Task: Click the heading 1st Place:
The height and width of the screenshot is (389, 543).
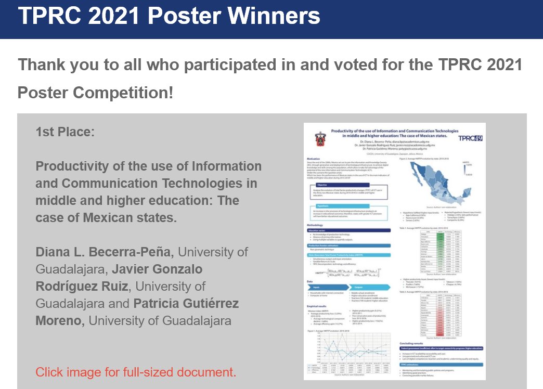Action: [65, 132]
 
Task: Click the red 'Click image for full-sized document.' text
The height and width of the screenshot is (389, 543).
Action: [135, 372]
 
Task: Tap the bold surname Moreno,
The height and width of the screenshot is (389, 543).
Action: [60, 321]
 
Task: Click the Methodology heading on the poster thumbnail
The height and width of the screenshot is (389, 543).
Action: [318, 225]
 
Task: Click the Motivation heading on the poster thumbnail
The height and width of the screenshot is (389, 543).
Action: [314, 158]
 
